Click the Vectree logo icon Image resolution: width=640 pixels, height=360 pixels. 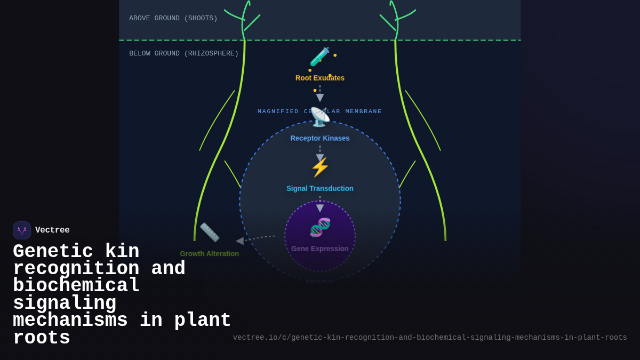click(22, 230)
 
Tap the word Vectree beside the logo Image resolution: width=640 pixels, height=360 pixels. click(52, 230)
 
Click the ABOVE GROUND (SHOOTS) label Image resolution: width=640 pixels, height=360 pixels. click(173, 19)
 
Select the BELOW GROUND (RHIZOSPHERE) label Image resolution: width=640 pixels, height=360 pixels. click(184, 54)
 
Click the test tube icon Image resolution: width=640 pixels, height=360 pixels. click(320, 57)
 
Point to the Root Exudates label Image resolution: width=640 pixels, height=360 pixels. click(320, 78)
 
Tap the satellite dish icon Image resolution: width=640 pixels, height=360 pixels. click(320, 117)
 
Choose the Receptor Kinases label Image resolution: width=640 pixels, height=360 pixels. click(320, 138)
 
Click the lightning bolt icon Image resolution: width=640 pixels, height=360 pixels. click(320, 167)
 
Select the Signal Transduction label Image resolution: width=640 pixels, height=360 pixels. click(320, 188)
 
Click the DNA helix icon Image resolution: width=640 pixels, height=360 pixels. click(320, 228)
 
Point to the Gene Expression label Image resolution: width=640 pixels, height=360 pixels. click(320, 249)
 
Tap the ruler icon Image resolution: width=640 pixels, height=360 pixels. click(210, 233)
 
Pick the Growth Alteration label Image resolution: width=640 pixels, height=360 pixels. click(210, 254)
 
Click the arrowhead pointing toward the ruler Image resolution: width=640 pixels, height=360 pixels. click(239, 241)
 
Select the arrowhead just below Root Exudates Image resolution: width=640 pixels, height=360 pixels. click(320, 98)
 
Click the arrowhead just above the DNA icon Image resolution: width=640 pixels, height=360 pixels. click(320, 209)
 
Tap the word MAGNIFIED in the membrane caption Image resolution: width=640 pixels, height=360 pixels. click(278, 111)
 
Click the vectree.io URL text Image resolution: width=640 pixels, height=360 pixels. click(430, 338)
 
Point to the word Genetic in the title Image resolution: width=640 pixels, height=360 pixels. click(53, 252)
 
